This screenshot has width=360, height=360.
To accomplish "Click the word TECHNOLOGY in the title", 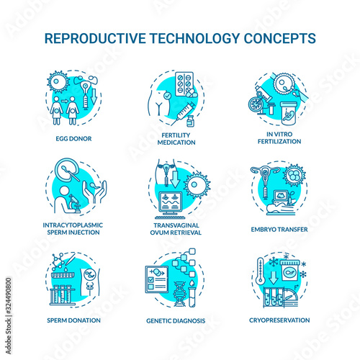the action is (194, 38).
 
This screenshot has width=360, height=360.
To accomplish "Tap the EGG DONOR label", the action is (73, 139).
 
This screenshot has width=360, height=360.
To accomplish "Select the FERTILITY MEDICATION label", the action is (176, 139).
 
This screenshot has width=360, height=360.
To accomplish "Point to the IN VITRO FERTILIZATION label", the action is (279, 138).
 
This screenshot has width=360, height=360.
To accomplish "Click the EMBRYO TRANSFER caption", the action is (279, 230).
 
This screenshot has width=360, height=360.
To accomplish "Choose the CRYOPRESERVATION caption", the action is (279, 320).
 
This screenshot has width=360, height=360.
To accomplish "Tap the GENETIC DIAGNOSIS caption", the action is (176, 320).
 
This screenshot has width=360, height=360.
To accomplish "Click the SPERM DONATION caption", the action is (73, 320).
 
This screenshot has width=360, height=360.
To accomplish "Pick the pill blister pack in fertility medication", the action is (184, 84).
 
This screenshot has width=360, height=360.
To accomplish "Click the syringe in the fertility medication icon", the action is (183, 114).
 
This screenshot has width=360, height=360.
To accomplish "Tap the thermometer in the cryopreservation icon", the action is (260, 271).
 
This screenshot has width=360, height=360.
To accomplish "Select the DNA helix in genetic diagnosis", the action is (180, 294).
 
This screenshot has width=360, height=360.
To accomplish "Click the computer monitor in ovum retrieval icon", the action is (171, 204).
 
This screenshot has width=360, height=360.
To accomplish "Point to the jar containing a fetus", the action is (288, 113).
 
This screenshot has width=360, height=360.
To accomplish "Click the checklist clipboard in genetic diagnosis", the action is (157, 279).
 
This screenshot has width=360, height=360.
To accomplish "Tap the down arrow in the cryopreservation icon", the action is (273, 277).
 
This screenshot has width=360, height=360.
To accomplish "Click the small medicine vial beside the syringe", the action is (191, 121).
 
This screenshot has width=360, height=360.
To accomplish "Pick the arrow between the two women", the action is (65, 101).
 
